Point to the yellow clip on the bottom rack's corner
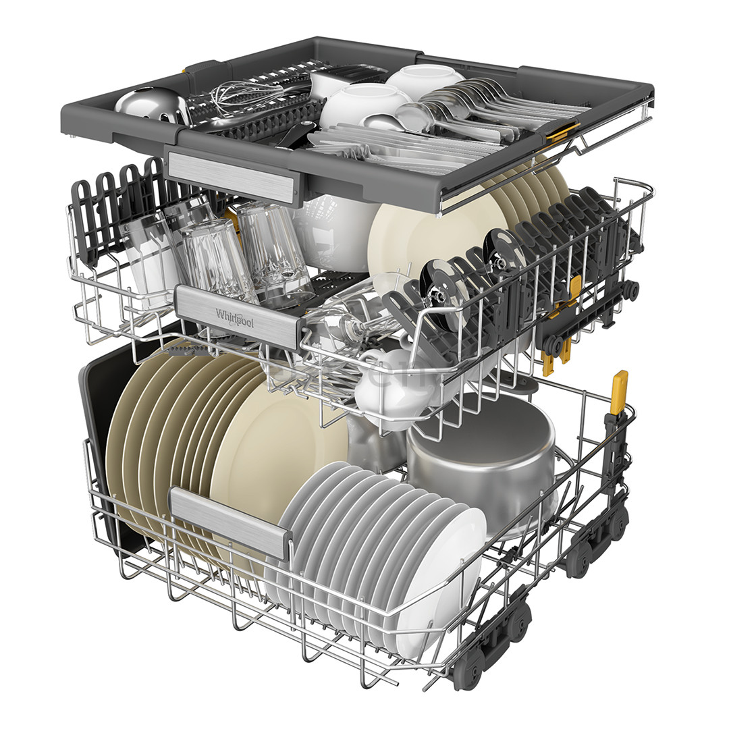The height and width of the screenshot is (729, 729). point(618,391)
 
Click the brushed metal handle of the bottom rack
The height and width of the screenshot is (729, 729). point(230,522)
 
